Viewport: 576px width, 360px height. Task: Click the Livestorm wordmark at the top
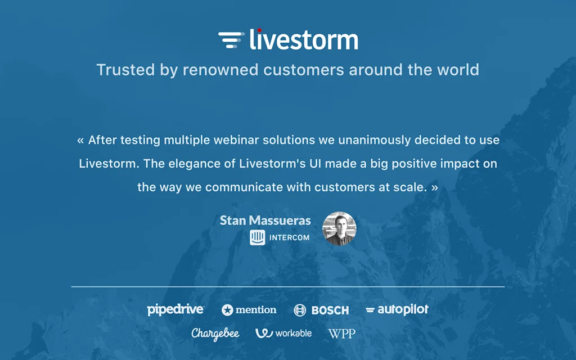pyautogui.click(x=304, y=40)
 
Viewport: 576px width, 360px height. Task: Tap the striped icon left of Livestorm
pyautogui.click(x=231, y=40)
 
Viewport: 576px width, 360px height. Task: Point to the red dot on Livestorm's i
pyautogui.click(x=259, y=30)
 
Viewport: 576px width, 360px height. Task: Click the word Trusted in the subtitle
pyautogui.click(x=119, y=70)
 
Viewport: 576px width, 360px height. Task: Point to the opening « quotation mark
pyautogui.click(x=80, y=140)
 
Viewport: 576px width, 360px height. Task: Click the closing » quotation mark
pyautogui.click(x=434, y=187)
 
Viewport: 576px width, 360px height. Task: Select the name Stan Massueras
pyautogui.click(x=265, y=220)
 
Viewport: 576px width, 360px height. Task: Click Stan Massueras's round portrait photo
pyautogui.click(x=339, y=228)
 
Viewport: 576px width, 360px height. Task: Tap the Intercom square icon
pyautogui.click(x=257, y=237)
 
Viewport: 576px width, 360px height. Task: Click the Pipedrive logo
pyautogui.click(x=175, y=309)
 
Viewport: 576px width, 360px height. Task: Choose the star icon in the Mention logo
pyautogui.click(x=227, y=310)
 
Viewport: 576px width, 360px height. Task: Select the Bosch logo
pyautogui.click(x=321, y=310)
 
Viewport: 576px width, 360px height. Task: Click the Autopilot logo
pyautogui.click(x=397, y=309)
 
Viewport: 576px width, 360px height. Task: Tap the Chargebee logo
pyautogui.click(x=215, y=334)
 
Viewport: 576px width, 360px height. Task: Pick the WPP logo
pyautogui.click(x=341, y=334)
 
